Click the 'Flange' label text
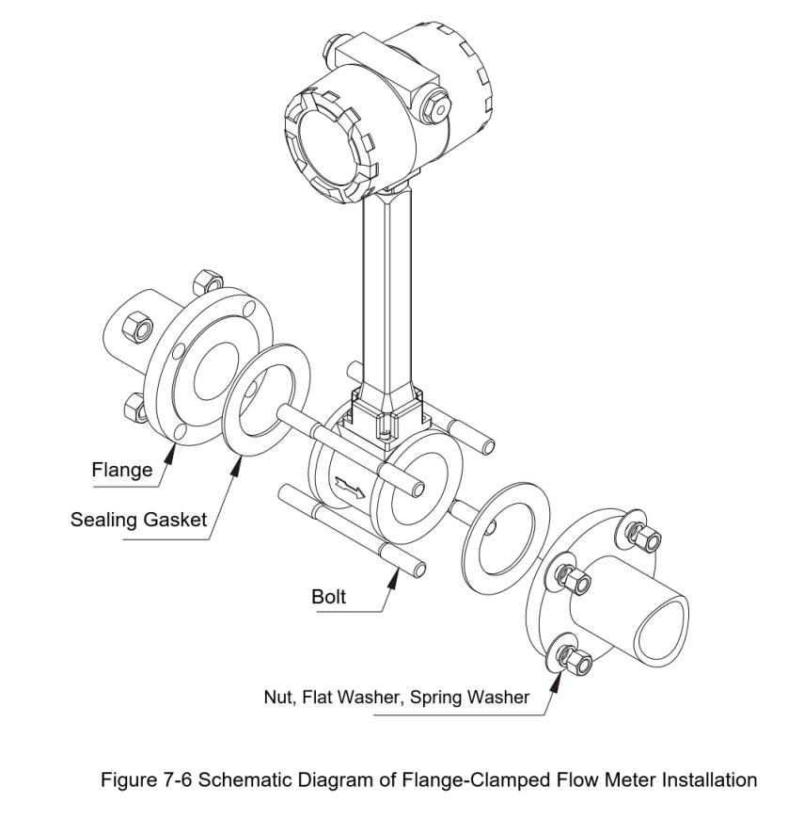pyautogui.click(x=121, y=470)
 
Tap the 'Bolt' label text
pyautogui.click(x=329, y=596)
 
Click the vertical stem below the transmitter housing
pyautogui.click(x=387, y=282)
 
